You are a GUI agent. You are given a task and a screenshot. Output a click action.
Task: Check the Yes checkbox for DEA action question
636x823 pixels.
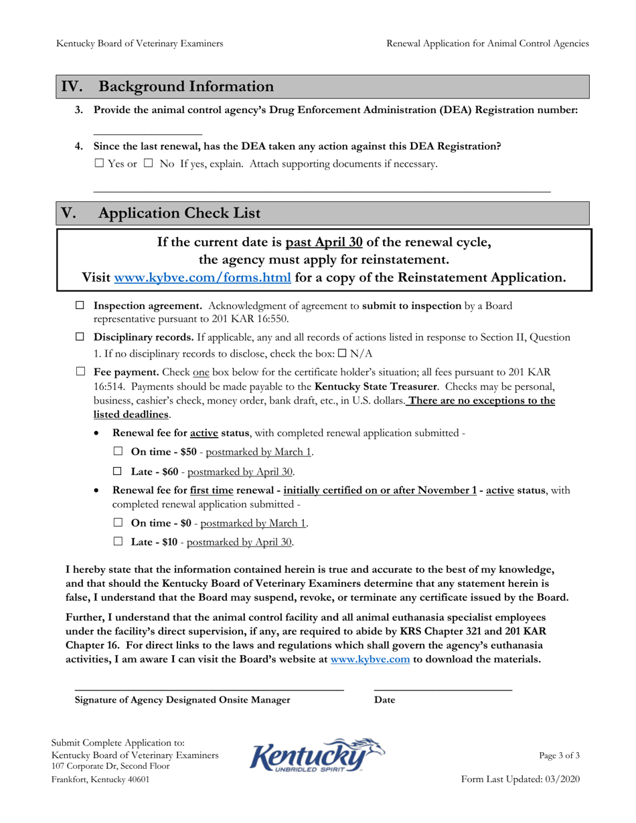pyautogui.click(x=98, y=163)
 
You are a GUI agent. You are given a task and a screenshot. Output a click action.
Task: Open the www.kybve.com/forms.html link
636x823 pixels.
pyautogui.click(x=203, y=277)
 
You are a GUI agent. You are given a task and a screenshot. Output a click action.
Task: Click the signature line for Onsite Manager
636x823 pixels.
pyautogui.click(x=208, y=687)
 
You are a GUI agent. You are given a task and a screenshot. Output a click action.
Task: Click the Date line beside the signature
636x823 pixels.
pyautogui.click(x=443, y=687)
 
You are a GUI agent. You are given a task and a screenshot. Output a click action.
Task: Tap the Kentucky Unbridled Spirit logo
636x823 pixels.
pyautogui.click(x=317, y=755)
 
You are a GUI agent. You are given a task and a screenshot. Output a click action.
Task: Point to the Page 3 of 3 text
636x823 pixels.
pyautogui.click(x=559, y=755)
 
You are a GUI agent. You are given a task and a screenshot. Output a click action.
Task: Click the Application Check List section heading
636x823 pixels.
pyautogui.click(x=179, y=213)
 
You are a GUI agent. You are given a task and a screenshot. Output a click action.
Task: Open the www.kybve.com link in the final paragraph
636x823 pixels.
pyautogui.click(x=370, y=659)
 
